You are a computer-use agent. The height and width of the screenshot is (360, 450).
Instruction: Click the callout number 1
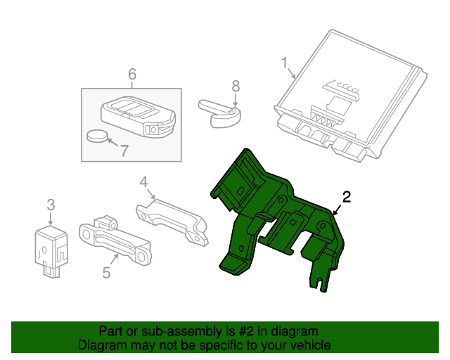point(284,63)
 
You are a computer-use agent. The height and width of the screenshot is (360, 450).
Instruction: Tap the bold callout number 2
point(347,197)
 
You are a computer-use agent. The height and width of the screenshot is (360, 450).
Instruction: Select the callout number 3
point(51,205)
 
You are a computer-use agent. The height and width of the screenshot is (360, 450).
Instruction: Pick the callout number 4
point(143,182)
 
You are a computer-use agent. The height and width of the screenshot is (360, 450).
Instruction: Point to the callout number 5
point(106,272)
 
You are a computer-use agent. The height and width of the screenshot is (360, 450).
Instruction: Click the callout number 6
point(132,74)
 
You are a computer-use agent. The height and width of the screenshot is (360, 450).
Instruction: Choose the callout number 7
point(124,150)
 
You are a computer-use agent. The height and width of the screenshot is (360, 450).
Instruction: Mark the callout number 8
point(236,86)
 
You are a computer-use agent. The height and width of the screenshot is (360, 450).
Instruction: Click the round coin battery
point(96,136)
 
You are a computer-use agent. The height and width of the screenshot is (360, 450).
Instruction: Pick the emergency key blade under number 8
point(219,113)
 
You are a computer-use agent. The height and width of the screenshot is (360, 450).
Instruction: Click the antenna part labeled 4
point(172,221)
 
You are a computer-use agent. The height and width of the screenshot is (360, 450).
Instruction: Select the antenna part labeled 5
point(115,240)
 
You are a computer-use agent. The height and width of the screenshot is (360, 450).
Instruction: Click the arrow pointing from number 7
point(112,142)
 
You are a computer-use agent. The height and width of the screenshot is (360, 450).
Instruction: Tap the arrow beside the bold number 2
point(337,210)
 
